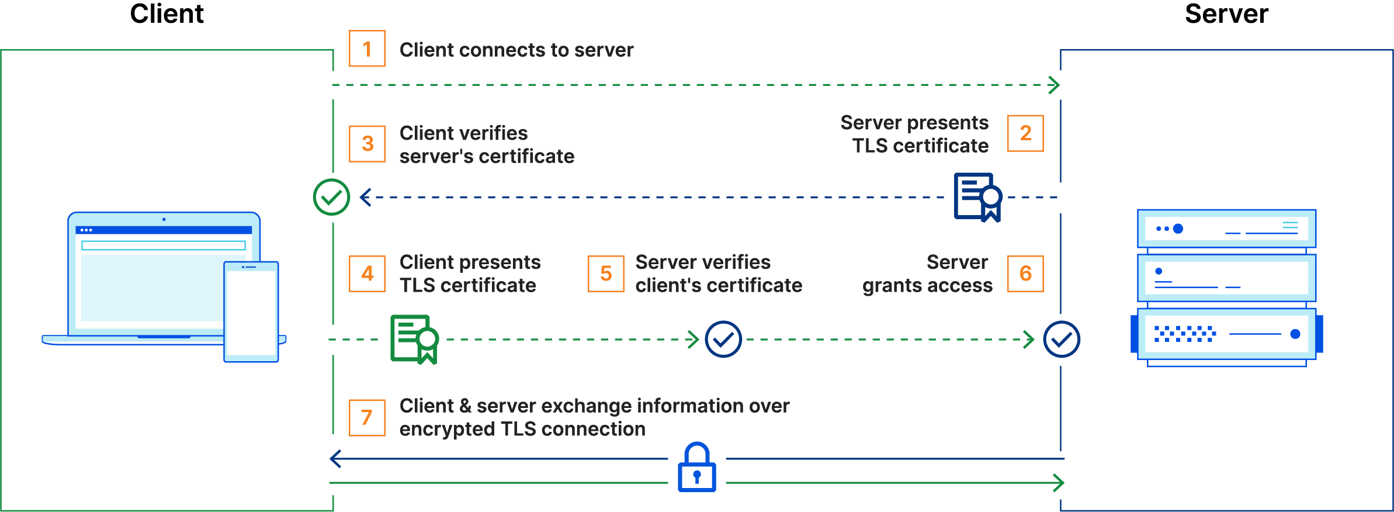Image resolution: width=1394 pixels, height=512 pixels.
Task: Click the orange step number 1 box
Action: pyautogui.click(x=367, y=49)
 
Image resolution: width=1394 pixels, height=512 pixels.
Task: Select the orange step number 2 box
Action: pyautogui.click(x=1025, y=133)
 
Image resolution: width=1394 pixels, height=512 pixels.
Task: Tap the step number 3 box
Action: pyautogui.click(x=367, y=144)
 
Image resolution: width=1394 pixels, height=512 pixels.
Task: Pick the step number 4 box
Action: pyautogui.click(x=367, y=274)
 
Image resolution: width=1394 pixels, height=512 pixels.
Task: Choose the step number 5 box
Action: pyautogui.click(x=606, y=274)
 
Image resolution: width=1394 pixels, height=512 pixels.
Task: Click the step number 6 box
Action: pyautogui.click(x=1025, y=274)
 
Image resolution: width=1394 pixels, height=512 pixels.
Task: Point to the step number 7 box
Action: pyautogui.click(x=367, y=418)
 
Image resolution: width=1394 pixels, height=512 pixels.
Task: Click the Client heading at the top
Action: pyautogui.click(x=167, y=14)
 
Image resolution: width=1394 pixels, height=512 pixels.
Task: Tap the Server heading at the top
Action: pyautogui.click(x=1226, y=14)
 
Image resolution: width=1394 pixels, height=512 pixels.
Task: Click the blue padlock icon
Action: pyautogui.click(x=697, y=468)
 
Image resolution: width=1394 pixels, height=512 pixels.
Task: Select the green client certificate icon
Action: pyautogui.click(x=414, y=339)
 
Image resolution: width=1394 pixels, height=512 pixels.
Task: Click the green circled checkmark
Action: pyautogui.click(x=331, y=197)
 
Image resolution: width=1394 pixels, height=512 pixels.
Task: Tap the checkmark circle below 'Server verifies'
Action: pyautogui.click(x=723, y=339)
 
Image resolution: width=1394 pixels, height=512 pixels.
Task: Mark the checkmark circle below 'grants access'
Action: pyautogui.click(x=1062, y=339)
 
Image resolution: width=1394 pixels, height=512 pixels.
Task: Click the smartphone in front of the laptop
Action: pyautogui.click(x=251, y=312)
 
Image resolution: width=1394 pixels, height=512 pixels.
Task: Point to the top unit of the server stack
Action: pyautogui.click(x=1226, y=229)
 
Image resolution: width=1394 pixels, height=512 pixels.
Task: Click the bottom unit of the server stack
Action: pyautogui.click(x=1226, y=334)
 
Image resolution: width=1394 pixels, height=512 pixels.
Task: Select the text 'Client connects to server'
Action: pyautogui.click(x=516, y=50)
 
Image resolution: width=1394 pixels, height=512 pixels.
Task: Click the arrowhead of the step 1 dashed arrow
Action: pyautogui.click(x=1055, y=85)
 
